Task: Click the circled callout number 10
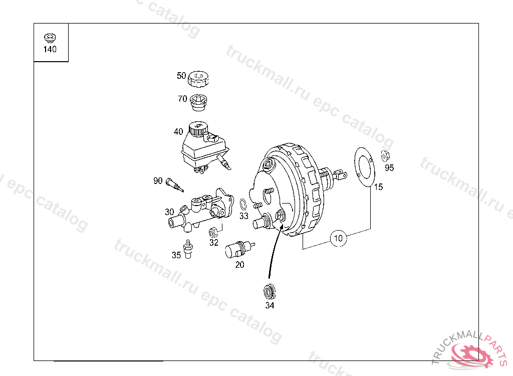click(338, 238)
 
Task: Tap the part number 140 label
click(50, 49)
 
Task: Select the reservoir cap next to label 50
click(198, 79)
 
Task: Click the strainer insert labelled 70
click(198, 102)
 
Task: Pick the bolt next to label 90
click(174, 184)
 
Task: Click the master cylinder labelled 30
click(201, 210)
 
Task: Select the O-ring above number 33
click(243, 205)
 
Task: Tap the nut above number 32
click(213, 233)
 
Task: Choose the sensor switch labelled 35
click(188, 249)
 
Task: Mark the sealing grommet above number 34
click(269, 291)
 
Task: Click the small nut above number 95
click(385, 156)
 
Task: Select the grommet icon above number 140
click(50, 38)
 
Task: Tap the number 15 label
click(378, 187)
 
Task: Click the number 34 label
click(270, 305)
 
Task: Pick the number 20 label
click(240, 265)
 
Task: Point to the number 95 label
click(389, 167)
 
